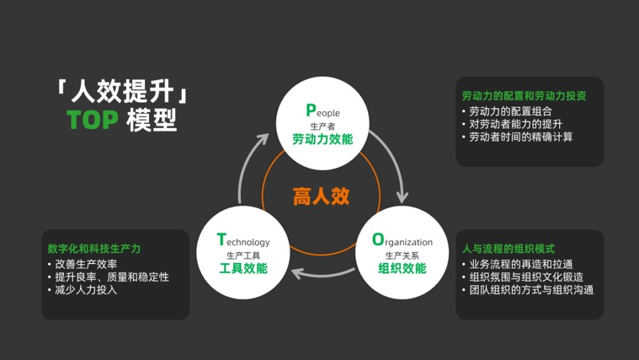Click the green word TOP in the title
pos(93,120)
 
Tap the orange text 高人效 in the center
pos(321,196)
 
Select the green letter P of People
pos(311,110)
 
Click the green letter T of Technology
pos(221,239)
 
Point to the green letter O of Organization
pos(378,239)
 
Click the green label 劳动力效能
pos(322,139)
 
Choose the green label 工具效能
pos(243,269)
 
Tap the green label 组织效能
pos(402,269)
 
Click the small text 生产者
pos(322,126)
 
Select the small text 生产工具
pos(243,256)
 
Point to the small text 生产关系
pos(402,256)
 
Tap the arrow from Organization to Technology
pos(323,274)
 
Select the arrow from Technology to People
pos(246,164)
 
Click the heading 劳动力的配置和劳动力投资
pos(524,96)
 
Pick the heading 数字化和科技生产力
pos(94,249)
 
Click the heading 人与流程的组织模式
pos(508,249)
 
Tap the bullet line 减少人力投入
pos(86,290)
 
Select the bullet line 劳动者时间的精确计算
pos(521,137)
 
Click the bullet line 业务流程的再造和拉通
pos(521,264)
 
